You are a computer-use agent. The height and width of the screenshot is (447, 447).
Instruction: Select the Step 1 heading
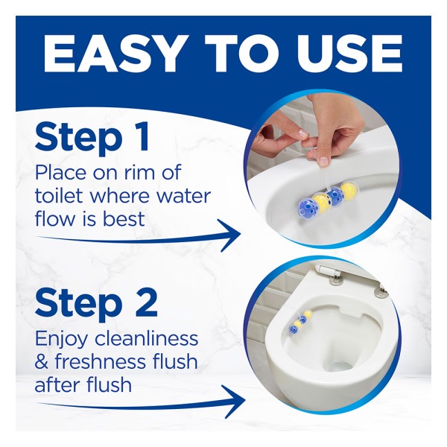click(x=92, y=138)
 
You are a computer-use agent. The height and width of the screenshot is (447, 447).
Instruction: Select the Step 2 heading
click(x=96, y=303)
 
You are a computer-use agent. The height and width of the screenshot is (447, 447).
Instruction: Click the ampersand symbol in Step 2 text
click(x=42, y=362)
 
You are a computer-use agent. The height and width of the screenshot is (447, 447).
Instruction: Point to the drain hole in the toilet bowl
click(x=340, y=367)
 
